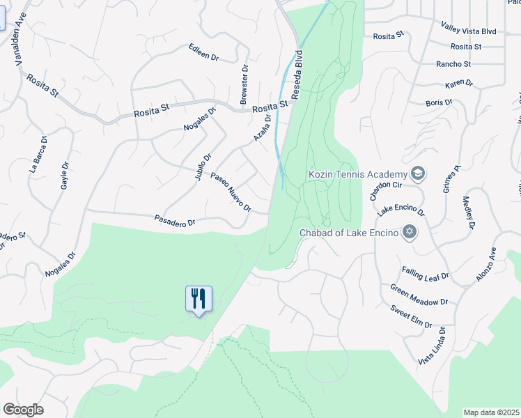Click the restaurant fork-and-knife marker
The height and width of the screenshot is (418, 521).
pos(199,299)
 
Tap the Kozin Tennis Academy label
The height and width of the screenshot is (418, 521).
pos(357,173)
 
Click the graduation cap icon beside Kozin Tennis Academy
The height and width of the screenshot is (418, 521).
pos(418,173)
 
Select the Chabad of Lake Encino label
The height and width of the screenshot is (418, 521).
pos(348,233)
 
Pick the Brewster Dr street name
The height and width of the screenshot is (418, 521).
pos(244,85)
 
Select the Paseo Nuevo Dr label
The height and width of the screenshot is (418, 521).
pos(231,192)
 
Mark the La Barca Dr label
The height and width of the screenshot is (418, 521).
pos(38,154)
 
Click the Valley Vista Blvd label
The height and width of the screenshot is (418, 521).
pos(469,29)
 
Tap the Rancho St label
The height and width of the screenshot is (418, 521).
pos(453,64)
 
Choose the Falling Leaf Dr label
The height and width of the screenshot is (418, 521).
pos(425,273)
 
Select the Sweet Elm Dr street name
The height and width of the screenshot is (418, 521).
pos(411,316)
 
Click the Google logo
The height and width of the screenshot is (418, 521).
pos(23,410)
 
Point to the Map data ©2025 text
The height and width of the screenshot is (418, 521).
pos(492,412)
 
